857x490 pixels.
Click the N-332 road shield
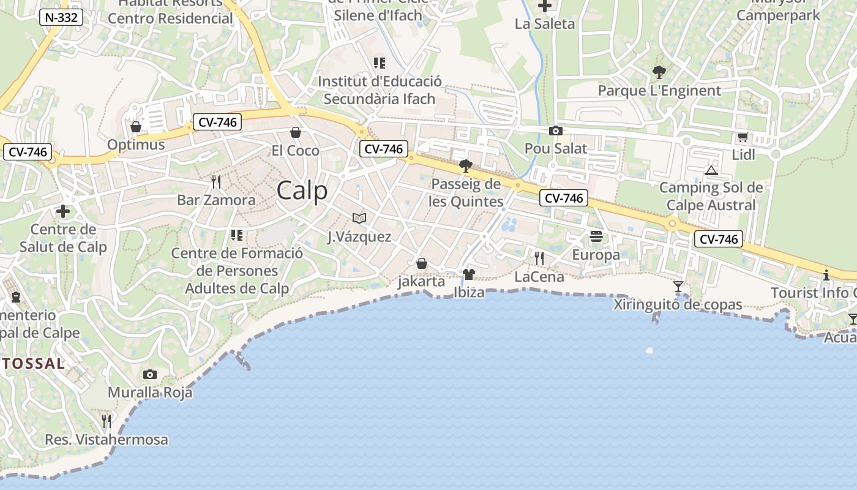(x=61, y=17)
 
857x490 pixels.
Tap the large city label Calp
(x=302, y=190)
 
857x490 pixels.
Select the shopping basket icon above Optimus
(x=136, y=127)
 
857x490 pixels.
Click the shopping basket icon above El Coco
(x=296, y=132)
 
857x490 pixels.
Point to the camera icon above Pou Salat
(x=556, y=130)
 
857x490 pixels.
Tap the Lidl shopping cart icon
(x=743, y=137)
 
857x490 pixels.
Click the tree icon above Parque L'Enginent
(x=659, y=72)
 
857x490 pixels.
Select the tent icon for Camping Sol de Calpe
(x=711, y=170)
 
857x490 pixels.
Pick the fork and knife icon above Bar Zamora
(x=215, y=182)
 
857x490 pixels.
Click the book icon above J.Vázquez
(x=359, y=218)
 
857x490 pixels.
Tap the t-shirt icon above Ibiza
(x=469, y=274)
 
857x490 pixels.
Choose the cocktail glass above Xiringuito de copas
(x=678, y=286)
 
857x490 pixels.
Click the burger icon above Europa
(x=596, y=236)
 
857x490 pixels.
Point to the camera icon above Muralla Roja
(x=150, y=374)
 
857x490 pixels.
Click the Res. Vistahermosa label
(x=107, y=440)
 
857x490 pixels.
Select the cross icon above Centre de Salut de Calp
(x=63, y=212)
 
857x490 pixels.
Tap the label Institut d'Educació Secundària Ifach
(x=380, y=90)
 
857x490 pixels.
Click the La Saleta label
(x=545, y=24)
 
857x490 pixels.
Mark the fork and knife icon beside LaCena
(x=539, y=258)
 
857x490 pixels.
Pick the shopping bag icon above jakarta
(x=421, y=264)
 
